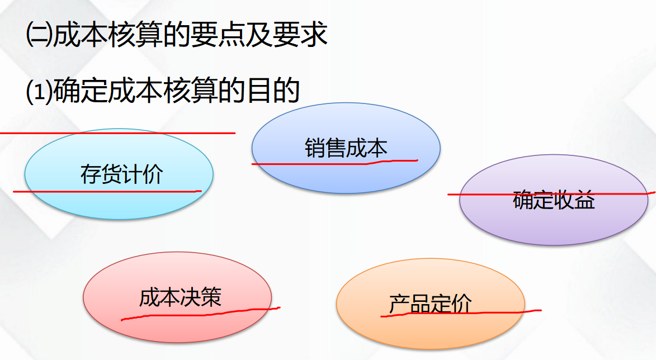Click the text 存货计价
point(121,174)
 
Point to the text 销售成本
point(346,148)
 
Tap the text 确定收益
point(554,200)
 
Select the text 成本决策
point(180,297)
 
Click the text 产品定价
point(430,304)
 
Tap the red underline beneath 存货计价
point(106,192)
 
